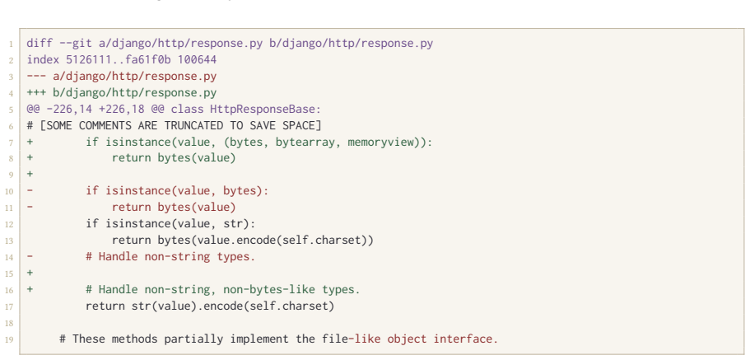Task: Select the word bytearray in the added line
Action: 305,143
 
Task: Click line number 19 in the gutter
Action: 10,340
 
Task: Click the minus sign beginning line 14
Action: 30,256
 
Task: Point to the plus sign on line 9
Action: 30,175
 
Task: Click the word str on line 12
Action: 240,224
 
